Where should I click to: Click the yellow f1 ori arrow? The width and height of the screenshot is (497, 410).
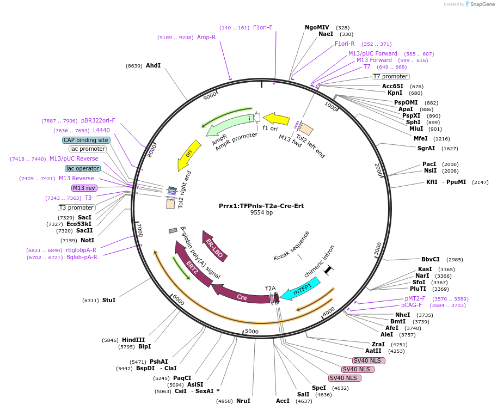(x=276, y=119)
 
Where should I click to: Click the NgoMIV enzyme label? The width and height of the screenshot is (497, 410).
(x=317, y=27)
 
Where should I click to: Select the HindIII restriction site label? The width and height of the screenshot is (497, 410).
(x=133, y=340)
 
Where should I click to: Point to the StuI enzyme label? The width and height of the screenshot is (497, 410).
(x=109, y=300)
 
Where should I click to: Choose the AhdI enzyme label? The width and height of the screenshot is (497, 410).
(x=153, y=65)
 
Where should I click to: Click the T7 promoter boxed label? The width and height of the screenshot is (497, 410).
(x=391, y=76)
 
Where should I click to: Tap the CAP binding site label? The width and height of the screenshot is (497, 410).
(x=86, y=140)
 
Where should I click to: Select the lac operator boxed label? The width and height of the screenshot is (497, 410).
(x=82, y=168)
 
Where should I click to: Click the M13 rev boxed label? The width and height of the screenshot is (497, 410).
(x=84, y=188)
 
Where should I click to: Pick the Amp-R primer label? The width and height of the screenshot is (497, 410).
(x=206, y=37)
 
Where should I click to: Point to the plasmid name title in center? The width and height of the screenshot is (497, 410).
(x=261, y=206)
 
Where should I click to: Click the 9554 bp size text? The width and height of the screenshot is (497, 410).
(x=261, y=213)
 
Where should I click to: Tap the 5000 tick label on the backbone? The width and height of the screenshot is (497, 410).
(x=251, y=331)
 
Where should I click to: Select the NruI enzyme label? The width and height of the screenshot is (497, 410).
(x=243, y=401)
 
